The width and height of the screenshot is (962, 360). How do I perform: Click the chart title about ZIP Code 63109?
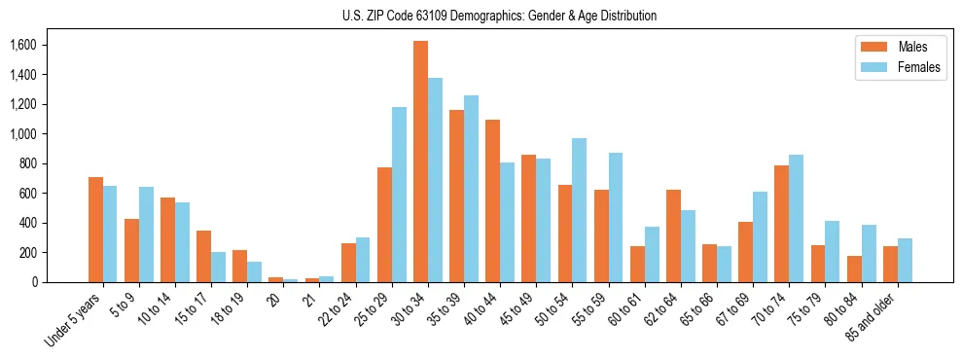pos(499,16)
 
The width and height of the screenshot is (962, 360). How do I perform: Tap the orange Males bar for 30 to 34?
pos(420,162)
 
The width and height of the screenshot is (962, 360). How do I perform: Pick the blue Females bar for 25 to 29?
pos(399,195)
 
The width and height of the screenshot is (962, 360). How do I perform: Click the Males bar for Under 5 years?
pos(95,230)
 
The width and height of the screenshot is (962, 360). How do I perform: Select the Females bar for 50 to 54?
pos(579,210)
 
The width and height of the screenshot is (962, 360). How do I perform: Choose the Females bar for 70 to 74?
pos(796,219)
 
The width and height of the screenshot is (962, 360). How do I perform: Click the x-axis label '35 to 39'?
pos(444,310)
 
